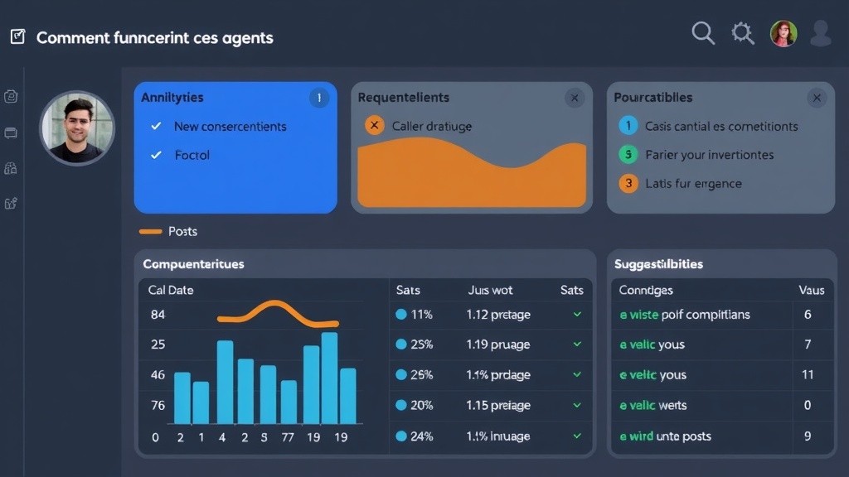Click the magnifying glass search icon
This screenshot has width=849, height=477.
[x=702, y=32]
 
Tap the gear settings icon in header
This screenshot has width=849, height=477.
[x=742, y=32]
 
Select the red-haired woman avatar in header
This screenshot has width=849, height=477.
[x=783, y=33]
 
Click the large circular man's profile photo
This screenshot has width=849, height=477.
[x=76, y=128]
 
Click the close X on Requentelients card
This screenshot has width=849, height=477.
[x=574, y=98]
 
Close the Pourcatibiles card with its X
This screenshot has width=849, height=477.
[x=817, y=98]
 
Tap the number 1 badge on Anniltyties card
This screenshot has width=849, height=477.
[x=318, y=98]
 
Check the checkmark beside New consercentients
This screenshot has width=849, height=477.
[x=156, y=126]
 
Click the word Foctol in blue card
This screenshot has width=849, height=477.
[x=192, y=155]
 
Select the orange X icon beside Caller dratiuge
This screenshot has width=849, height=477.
[x=374, y=126]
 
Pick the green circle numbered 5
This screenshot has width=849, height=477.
[x=628, y=154]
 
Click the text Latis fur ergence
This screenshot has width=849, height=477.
[x=693, y=183]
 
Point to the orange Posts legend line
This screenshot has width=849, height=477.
[x=150, y=231]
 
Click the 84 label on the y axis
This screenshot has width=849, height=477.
[x=158, y=315]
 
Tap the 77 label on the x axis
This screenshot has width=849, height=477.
[x=288, y=437]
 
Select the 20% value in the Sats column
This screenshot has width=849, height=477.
[x=421, y=405]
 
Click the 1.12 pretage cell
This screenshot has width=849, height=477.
[x=497, y=315]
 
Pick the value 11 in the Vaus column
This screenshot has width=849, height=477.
[x=808, y=374]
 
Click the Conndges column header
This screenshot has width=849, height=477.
[x=646, y=290]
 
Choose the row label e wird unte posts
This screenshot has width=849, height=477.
[x=665, y=436]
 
